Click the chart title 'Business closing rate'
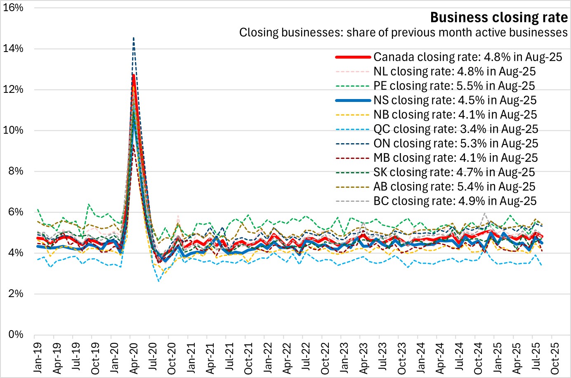[x=499, y=17]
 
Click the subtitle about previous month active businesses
[x=403, y=33]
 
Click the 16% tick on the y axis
[x=13, y=8]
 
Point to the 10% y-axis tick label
[x=13, y=130]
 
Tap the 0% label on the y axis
[x=16, y=334]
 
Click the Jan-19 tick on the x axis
[x=38, y=357]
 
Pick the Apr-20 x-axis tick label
[x=134, y=357]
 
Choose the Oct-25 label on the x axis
[x=555, y=357]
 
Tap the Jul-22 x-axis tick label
[x=306, y=357]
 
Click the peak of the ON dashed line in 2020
[x=133, y=38]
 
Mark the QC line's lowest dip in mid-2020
[x=158, y=281]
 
